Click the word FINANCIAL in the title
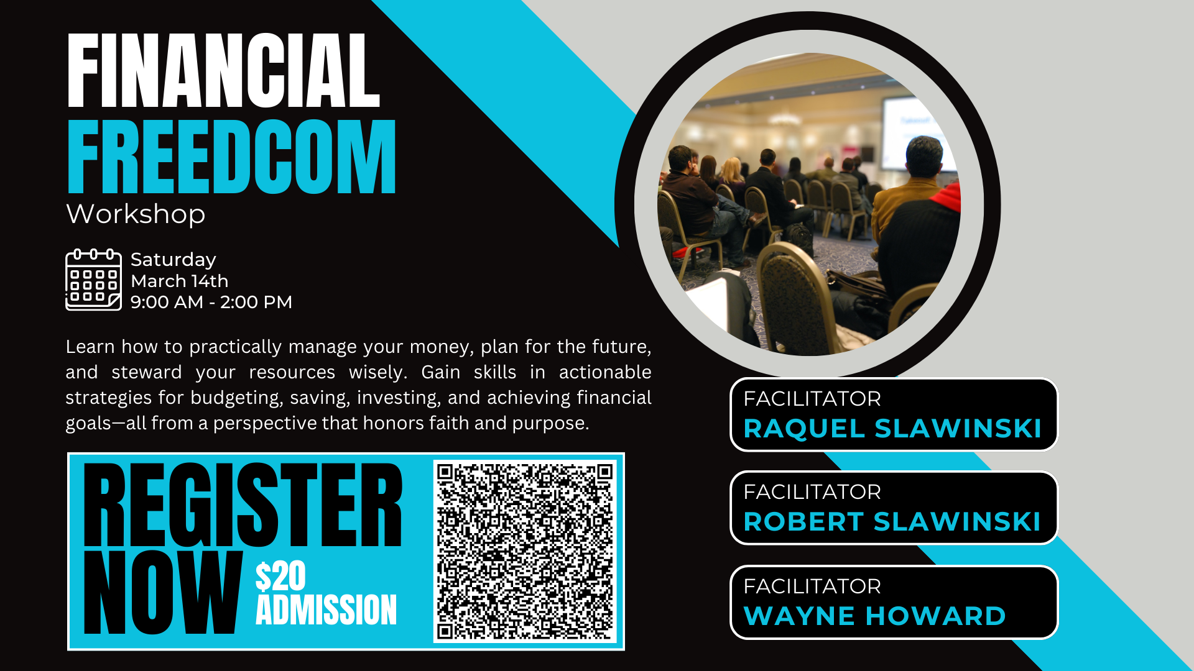(x=223, y=71)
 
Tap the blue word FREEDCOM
(x=231, y=157)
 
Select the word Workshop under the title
(x=136, y=214)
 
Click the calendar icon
(x=93, y=280)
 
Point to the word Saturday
(x=174, y=260)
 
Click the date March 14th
(x=180, y=281)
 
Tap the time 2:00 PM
(x=256, y=302)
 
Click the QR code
(x=525, y=552)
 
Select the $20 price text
(x=280, y=576)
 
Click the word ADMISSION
(x=326, y=609)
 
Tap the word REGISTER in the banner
(x=243, y=504)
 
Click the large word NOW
(x=162, y=592)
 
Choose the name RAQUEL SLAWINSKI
(x=892, y=429)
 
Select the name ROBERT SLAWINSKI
(x=892, y=522)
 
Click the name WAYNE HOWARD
(x=874, y=616)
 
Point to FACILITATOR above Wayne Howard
(x=812, y=586)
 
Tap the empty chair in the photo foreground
(x=793, y=298)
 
